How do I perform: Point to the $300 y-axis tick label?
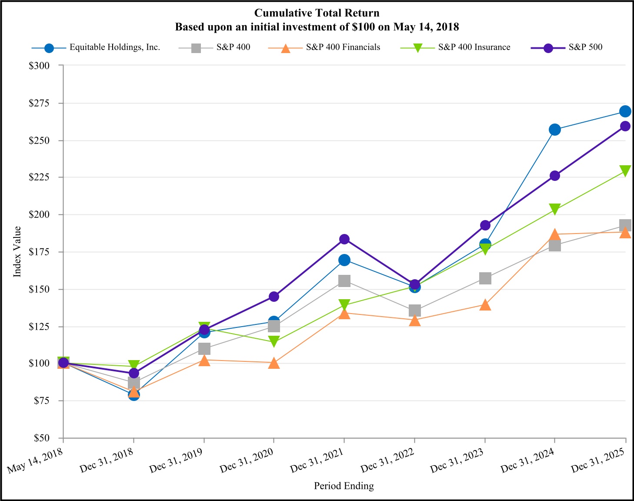point(39,66)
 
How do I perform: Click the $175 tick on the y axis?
point(39,252)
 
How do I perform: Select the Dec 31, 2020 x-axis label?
point(247,461)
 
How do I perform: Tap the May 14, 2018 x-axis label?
point(36,461)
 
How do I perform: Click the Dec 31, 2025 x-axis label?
point(598,461)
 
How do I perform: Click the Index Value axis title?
point(17,251)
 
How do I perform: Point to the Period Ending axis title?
point(344,486)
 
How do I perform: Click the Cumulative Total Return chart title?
point(317,13)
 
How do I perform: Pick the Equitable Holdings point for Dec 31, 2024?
point(555,130)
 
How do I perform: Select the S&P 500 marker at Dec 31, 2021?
point(344,239)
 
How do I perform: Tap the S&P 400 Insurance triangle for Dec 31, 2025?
point(625,170)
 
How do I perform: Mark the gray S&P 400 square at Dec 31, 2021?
point(344,281)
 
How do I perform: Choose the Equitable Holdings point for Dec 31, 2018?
point(134,394)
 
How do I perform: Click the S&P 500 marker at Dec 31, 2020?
point(274,297)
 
